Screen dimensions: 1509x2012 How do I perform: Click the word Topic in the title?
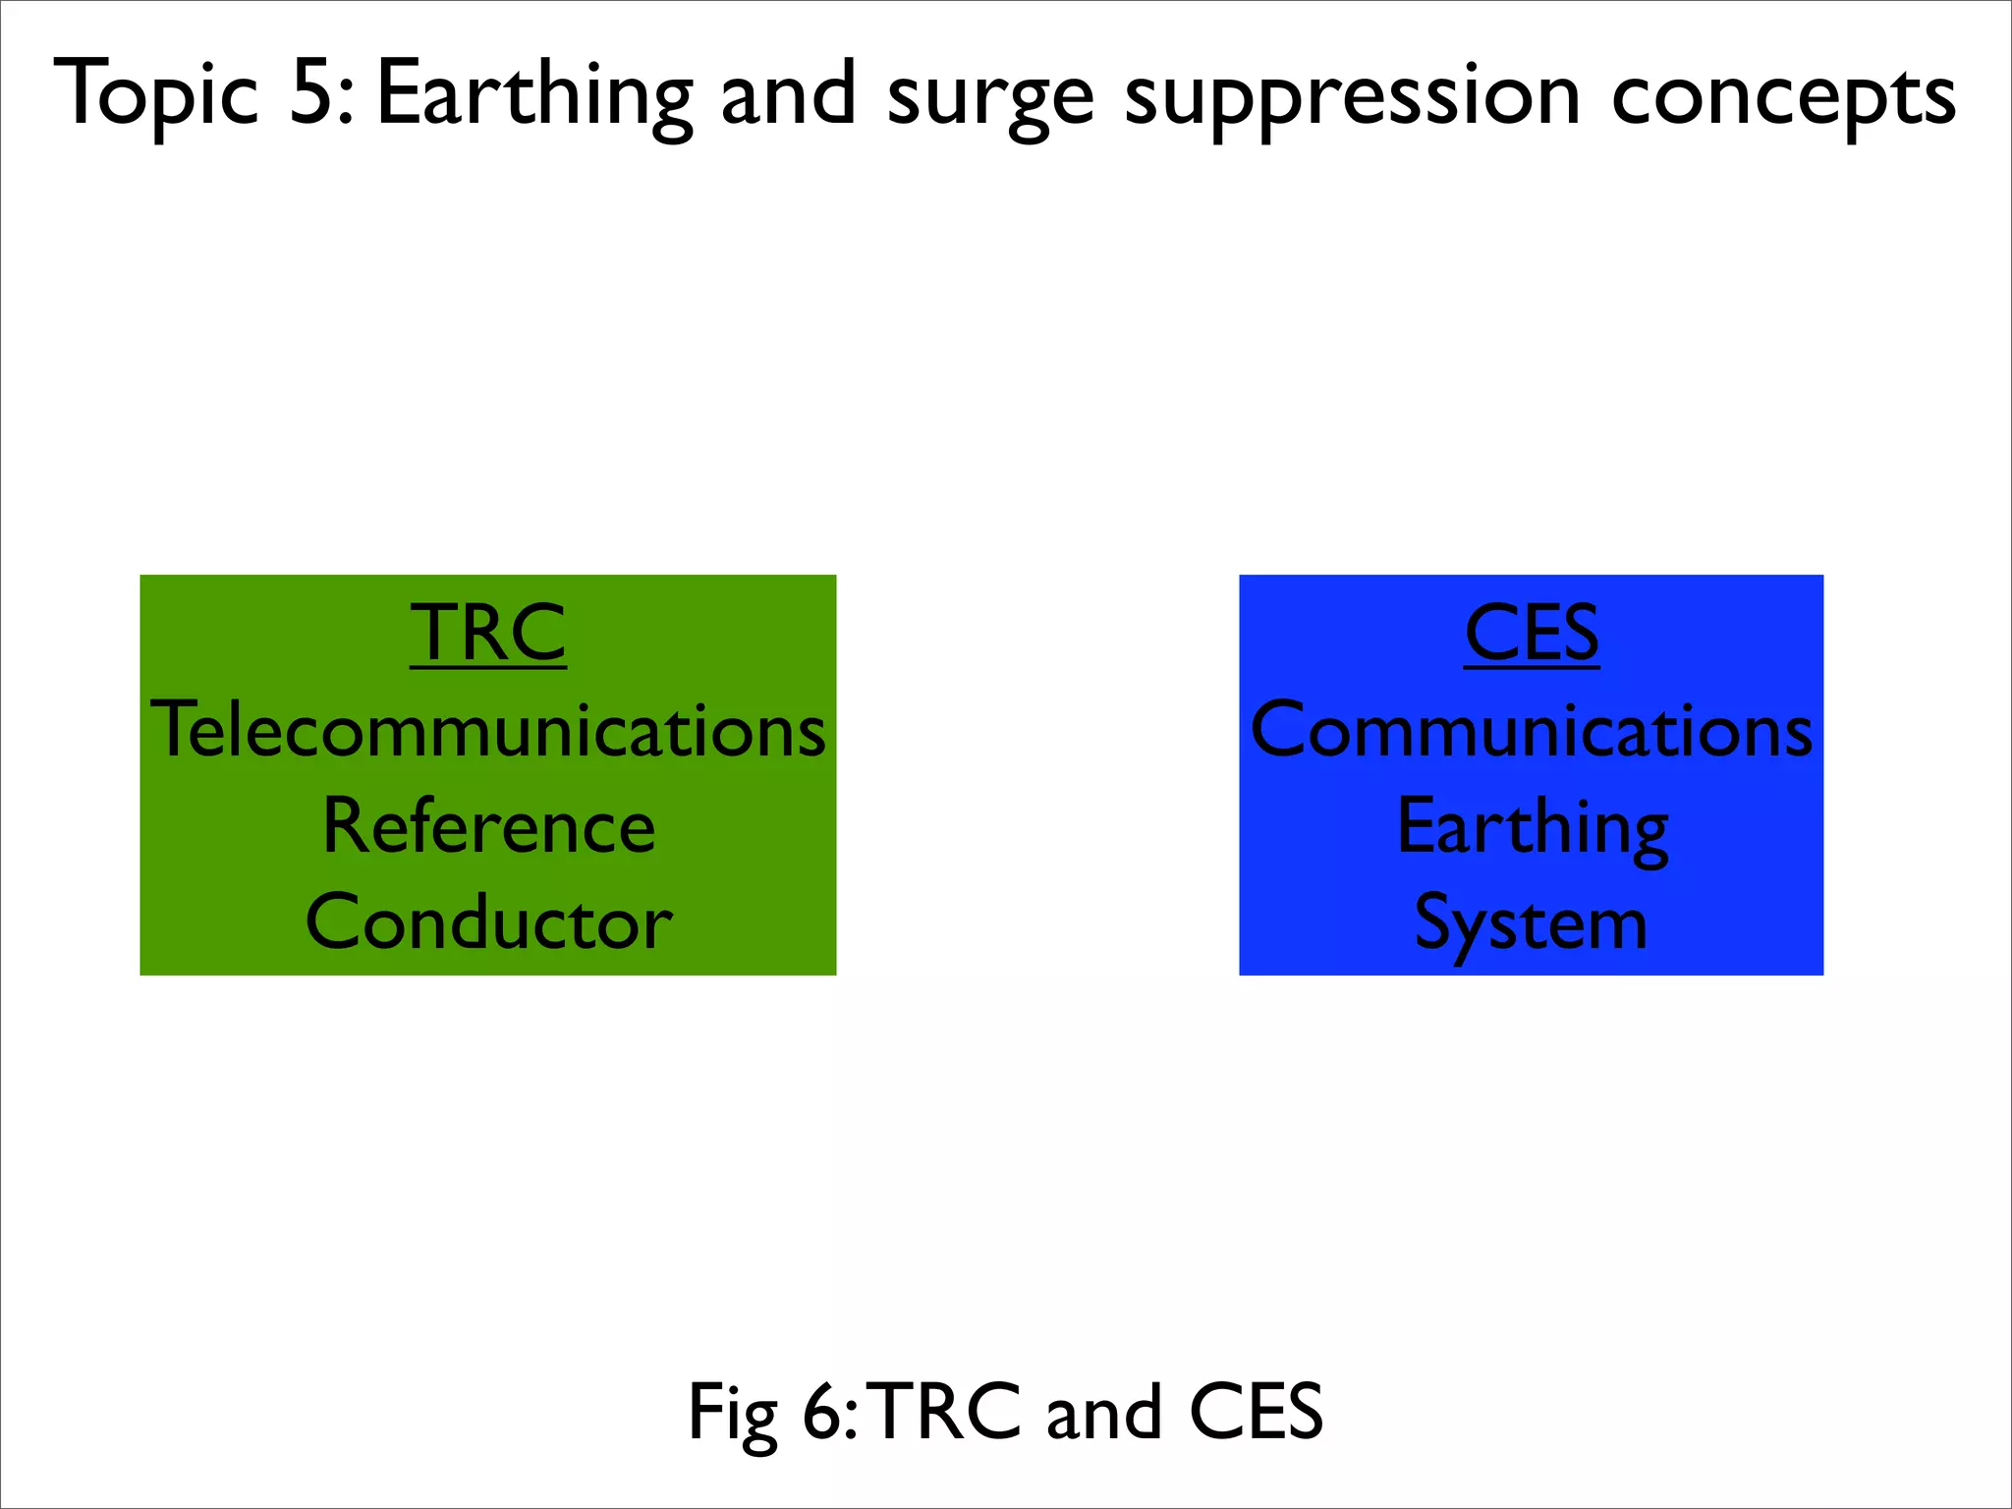(156, 96)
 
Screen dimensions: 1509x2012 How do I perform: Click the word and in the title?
(788, 94)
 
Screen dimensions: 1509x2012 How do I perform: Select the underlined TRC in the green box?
(488, 634)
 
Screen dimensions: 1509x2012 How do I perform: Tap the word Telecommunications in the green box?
(488, 730)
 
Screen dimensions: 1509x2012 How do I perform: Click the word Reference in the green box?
(488, 826)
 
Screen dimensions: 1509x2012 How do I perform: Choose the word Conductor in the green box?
(488, 922)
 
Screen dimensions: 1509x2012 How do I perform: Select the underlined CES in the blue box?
(1532, 634)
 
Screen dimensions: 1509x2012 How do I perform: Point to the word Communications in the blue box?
(1532, 730)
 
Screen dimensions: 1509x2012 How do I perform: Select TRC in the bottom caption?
(944, 1412)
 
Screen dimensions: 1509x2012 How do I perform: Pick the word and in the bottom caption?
(1104, 1412)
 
